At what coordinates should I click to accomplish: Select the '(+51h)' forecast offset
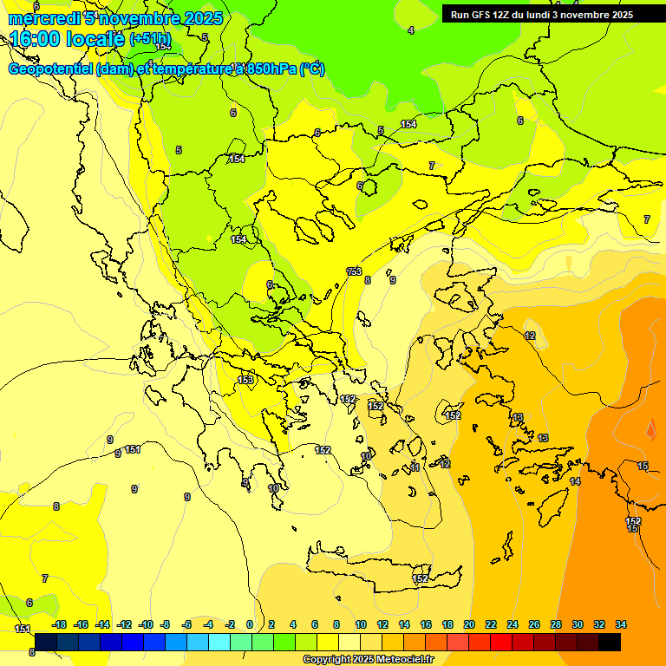150,40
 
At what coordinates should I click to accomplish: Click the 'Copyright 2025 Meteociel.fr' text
368,659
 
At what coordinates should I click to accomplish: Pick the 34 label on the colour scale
621,624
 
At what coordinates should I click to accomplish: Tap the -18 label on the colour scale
59,624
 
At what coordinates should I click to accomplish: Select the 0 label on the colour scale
250,624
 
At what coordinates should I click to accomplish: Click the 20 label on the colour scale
469,624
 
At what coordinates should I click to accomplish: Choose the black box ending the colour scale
610,642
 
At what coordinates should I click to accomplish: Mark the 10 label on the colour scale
361,624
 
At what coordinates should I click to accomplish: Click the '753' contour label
354,271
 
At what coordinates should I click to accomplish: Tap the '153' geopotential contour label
246,380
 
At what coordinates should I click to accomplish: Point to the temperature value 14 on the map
575,481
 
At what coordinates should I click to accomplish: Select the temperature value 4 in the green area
411,30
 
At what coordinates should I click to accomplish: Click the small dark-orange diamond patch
650,429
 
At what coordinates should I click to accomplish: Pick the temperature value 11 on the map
415,467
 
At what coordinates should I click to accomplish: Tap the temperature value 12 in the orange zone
530,336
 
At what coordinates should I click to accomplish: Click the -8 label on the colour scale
165,624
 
